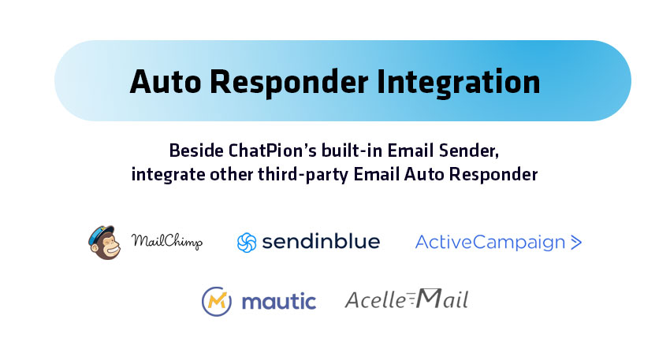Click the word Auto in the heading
(x=166, y=82)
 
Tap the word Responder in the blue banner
(x=288, y=83)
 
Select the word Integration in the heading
(x=459, y=83)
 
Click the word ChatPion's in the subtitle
(x=273, y=150)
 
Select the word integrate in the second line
(x=168, y=175)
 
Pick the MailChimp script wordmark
(x=166, y=242)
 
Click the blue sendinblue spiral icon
(x=247, y=243)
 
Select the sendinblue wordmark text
(x=321, y=241)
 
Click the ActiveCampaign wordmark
(x=490, y=242)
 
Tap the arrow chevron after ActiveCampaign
(x=576, y=242)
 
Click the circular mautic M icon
(x=217, y=302)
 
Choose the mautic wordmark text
(x=279, y=302)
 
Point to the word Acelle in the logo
(x=375, y=299)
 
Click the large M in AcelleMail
(x=429, y=298)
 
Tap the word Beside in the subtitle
(x=197, y=150)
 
